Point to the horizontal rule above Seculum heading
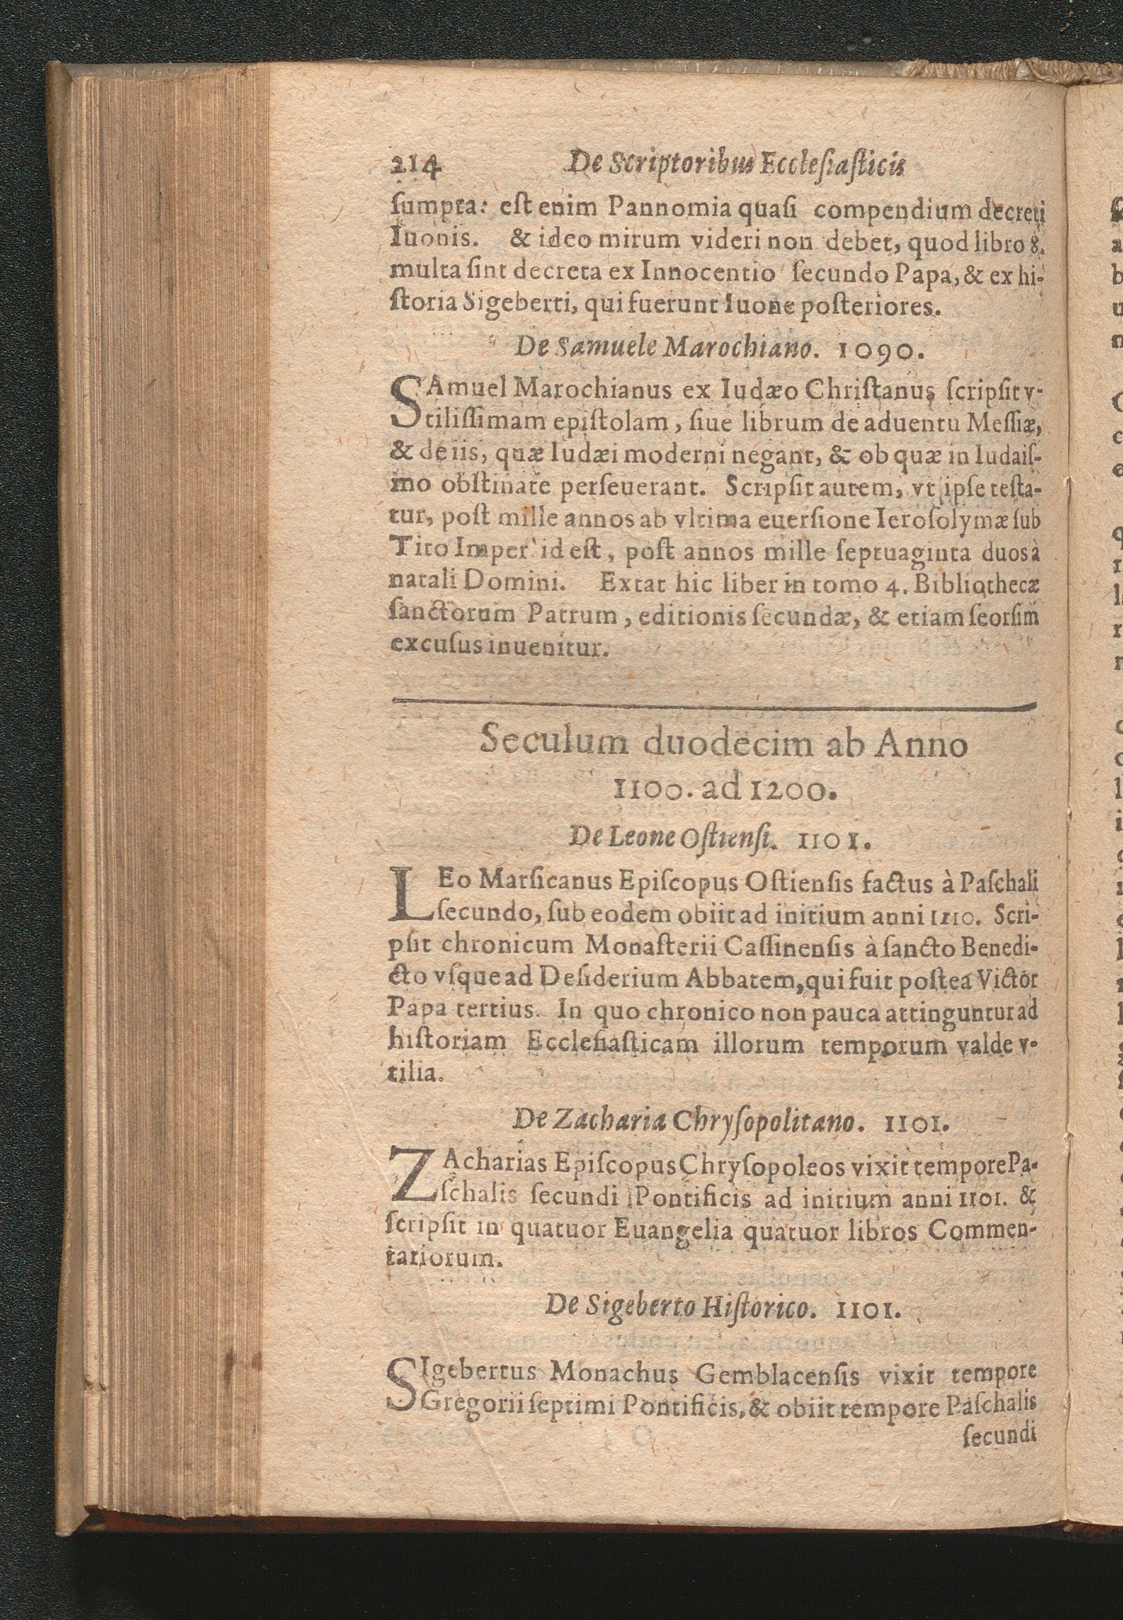coord(714,704)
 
